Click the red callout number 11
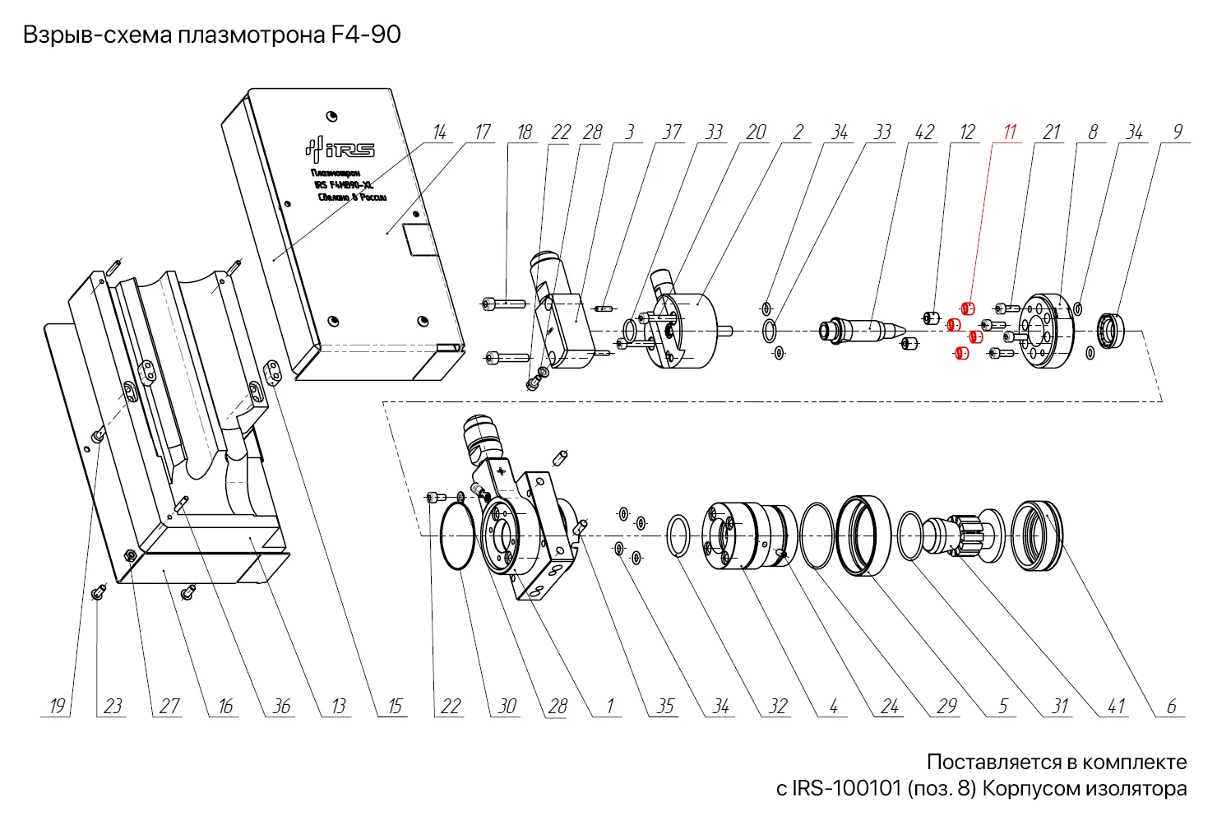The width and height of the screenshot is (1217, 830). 1010,132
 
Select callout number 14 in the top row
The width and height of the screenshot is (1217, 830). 440,132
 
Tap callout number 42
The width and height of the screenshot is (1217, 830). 924,132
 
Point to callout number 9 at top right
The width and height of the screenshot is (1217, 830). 1178,132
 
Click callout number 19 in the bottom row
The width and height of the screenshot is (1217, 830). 57,707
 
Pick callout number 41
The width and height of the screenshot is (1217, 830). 1116,707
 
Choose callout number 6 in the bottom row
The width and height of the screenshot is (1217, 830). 1172,707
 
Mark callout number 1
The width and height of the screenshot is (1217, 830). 610,707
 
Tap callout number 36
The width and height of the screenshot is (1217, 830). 281,707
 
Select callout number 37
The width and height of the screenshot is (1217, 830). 672,132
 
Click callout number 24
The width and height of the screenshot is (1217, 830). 890,707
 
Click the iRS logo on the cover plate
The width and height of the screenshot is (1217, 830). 340,149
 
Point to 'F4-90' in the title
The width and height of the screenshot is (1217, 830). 366,35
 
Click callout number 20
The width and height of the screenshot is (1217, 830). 756,132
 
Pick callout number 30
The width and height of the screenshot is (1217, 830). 507,707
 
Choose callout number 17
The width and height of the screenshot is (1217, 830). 482,132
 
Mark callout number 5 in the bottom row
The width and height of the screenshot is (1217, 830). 1003,707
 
